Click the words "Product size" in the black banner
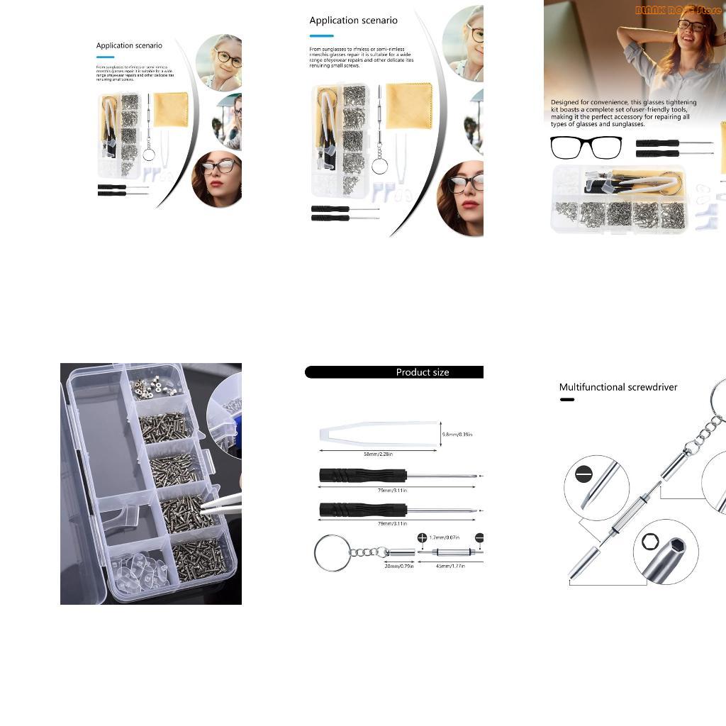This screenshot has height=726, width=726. click(422, 372)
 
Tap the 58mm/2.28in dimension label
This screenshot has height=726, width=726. click(378, 454)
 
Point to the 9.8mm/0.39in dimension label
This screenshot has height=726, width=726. click(457, 434)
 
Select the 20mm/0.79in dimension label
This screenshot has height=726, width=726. click(399, 566)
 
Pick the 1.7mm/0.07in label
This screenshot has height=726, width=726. click(447, 538)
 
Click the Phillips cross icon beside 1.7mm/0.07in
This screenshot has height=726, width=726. click(423, 538)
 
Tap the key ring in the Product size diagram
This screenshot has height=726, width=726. click(331, 552)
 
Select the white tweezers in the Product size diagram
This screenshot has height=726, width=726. click(376, 433)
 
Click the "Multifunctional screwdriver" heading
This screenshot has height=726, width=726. click(618, 387)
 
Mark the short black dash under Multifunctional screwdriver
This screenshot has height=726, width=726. click(566, 400)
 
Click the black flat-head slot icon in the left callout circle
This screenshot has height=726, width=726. click(583, 473)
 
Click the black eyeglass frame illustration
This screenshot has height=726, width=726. click(586, 147)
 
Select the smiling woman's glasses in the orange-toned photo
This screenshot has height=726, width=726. click(691, 26)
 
